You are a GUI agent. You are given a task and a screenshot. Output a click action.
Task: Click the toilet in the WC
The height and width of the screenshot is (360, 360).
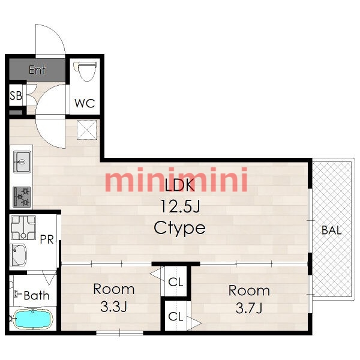[85, 71]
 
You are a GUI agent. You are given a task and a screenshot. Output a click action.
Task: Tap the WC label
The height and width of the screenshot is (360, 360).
[85, 103]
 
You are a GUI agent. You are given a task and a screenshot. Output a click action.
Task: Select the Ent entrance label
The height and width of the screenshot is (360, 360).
[37, 70]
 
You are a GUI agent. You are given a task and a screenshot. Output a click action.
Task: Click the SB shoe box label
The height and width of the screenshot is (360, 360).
[16, 95]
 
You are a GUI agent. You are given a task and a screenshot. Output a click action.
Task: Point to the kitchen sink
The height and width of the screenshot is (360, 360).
[22, 161]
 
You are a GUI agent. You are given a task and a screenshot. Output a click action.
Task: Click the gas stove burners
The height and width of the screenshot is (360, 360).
[22, 197]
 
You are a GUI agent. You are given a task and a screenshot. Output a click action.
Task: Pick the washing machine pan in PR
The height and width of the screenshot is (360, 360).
[23, 227]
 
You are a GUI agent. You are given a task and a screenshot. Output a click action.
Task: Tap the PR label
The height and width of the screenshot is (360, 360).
[47, 239]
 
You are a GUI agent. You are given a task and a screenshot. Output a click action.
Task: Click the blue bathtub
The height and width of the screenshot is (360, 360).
[33, 319]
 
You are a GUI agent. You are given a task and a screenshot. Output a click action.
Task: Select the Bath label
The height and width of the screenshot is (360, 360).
[37, 295]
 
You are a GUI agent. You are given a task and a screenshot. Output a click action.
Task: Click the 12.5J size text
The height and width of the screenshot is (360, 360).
[180, 206]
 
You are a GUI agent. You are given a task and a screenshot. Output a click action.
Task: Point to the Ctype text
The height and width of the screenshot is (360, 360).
[179, 228]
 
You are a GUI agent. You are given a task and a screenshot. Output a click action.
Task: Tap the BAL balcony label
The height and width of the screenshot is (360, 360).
[332, 230]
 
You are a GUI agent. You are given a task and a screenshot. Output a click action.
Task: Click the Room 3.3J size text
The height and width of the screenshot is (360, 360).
[113, 307]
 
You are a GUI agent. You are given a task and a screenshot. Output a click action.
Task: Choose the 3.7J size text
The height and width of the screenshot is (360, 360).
[249, 308]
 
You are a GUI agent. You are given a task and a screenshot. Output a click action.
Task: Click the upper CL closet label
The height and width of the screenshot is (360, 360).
[176, 282]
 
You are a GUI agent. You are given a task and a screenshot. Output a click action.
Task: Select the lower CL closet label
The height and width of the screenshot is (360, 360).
[176, 316]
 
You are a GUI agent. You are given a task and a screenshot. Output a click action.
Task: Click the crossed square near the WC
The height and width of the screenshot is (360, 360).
[86, 130]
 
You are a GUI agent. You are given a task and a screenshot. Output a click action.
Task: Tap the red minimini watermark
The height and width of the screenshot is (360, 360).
[176, 180]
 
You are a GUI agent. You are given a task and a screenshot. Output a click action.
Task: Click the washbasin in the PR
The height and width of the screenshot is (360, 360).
[19, 254]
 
